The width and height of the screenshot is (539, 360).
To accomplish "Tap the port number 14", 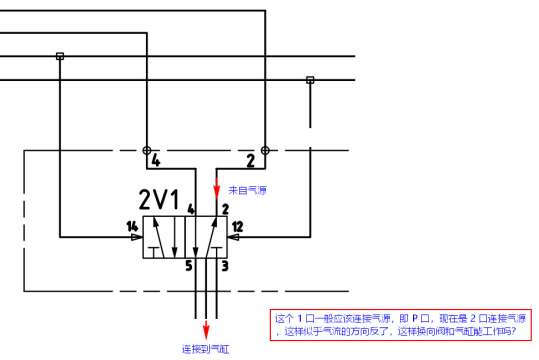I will click(x=131, y=225).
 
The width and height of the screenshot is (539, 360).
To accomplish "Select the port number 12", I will click(x=237, y=225).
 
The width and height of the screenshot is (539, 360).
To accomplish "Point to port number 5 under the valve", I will click(x=188, y=265).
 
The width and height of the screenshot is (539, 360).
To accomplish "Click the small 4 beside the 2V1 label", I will click(x=190, y=208).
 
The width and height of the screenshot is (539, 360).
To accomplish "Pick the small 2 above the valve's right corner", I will click(x=226, y=208).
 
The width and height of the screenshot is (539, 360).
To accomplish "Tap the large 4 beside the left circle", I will click(x=155, y=160).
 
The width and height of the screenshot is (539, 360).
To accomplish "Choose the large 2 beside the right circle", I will click(x=250, y=160).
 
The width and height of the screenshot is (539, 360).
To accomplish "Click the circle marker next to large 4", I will click(x=147, y=150).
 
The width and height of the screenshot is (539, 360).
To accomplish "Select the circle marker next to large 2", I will click(x=264, y=150).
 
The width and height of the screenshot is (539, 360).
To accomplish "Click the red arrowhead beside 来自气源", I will click(x=219, y=193).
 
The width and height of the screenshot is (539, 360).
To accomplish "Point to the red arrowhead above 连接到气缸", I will click(x=206, y=331).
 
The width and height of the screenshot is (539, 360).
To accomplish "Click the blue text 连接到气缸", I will click(x=206, y=350).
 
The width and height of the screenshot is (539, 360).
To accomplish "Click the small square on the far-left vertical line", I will click(x=60, y=56).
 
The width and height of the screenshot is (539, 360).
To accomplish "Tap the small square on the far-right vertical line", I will click(x=310, y=80).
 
